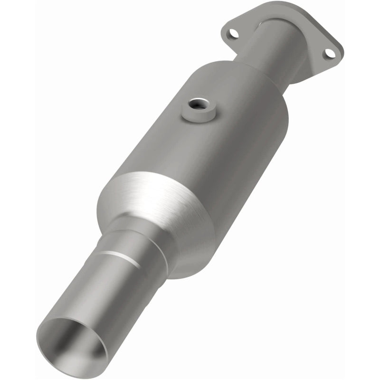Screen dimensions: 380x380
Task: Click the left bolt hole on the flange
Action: (233, 33)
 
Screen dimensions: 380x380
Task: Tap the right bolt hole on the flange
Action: (329, 54)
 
